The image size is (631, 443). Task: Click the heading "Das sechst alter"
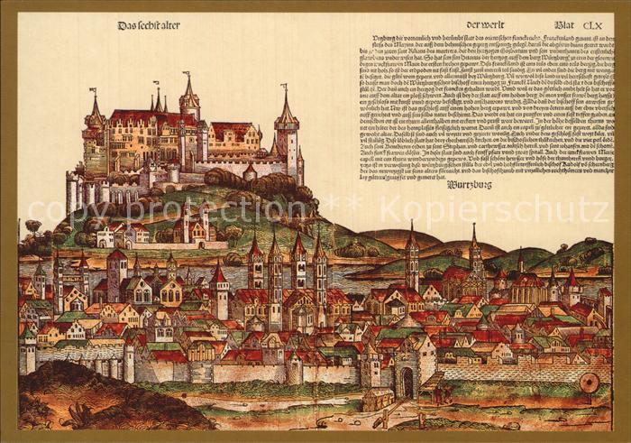coord(149,25)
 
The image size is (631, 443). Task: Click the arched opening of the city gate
coord(407,383)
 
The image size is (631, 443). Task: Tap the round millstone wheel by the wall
coord(590,383)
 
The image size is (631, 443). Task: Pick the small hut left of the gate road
coord(378,398)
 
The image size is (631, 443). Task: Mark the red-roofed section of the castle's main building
coord(135,117)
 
